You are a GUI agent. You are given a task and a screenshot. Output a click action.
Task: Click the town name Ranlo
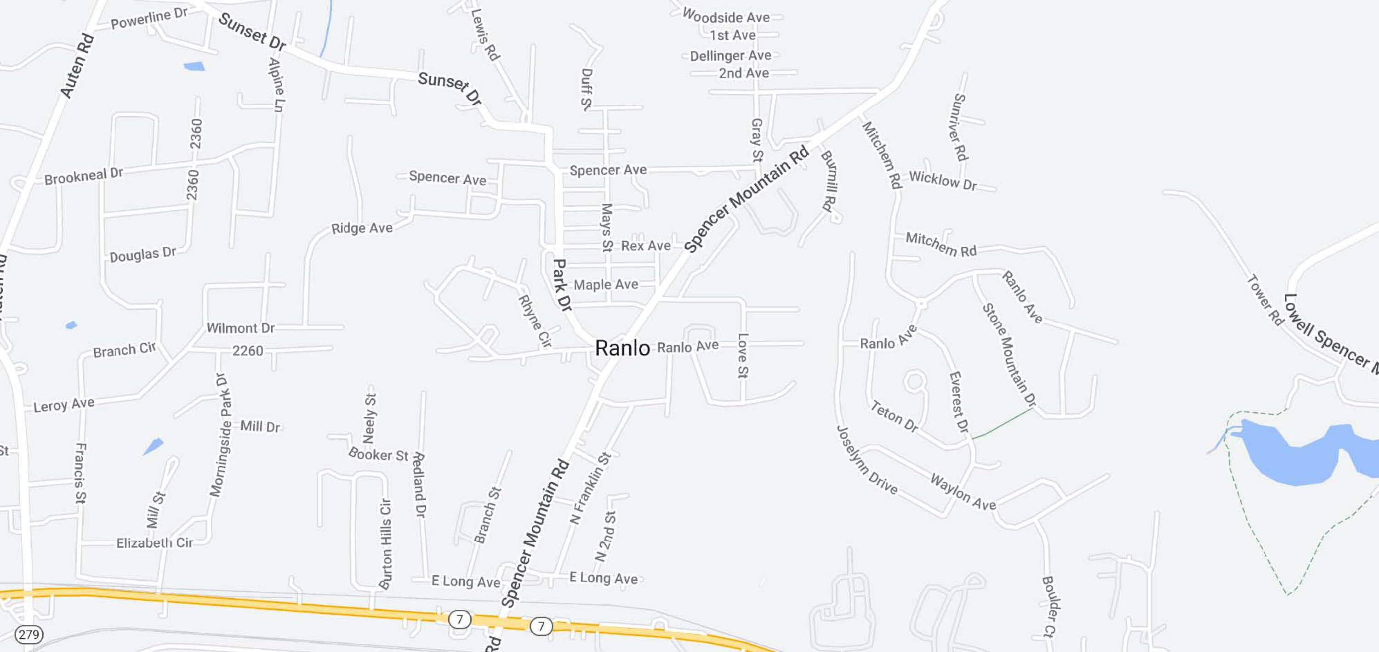pos(622,348)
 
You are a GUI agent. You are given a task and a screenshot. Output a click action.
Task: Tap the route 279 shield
pos(28,635)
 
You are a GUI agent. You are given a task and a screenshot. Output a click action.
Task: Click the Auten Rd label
pos(77,66)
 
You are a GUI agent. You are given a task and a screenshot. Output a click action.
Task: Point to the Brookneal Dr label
pos(84,176)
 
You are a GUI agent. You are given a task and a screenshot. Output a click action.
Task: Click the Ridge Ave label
pos(362,228)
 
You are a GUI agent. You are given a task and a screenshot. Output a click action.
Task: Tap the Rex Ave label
pos(646,246)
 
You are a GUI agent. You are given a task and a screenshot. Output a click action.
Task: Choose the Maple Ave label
pos(605,284)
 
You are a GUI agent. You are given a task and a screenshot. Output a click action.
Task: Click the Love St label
pos(742,356)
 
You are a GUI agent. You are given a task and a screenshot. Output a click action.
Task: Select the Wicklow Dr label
pos(943,181)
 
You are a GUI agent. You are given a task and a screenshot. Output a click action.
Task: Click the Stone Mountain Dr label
pos(1009,354)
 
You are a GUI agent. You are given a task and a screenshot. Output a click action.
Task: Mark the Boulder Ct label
pos(1050,607)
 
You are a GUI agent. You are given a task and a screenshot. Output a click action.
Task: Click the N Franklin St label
pos(590,488)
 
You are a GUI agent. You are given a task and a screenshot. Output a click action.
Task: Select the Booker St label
pos(378,454)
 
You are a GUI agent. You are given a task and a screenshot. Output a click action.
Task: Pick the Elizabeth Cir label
pos(154,543)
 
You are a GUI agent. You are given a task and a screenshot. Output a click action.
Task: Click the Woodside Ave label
pos(726,17)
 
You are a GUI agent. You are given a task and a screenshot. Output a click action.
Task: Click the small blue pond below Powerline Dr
pos(194,66)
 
